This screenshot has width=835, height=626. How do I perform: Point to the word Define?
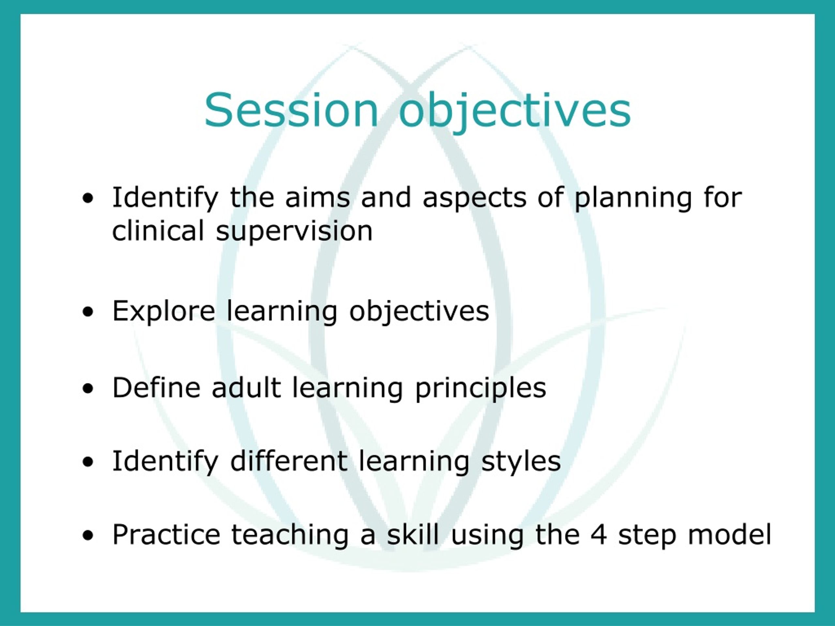coord(156,388)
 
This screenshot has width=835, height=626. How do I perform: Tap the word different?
coord(289,461)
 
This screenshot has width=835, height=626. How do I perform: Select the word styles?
coord(521,463)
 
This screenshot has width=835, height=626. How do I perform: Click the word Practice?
coord(166,535)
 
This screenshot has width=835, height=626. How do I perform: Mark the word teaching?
coord(290,537)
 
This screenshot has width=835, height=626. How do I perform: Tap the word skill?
coord(413,535)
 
